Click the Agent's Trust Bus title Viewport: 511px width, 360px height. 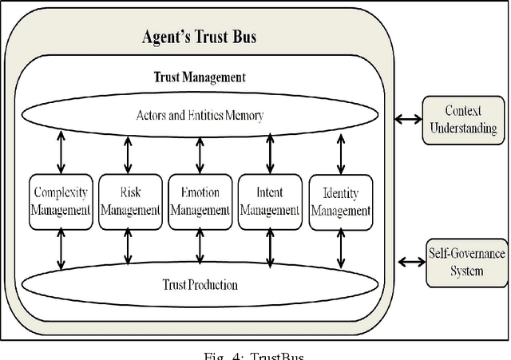point(199,37)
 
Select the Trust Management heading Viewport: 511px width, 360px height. point(199,78)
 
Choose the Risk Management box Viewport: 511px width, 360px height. point(128,202)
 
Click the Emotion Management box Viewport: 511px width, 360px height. point(199,202)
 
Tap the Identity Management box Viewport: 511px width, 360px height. point(341,202)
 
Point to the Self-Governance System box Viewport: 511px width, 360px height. point(466,261)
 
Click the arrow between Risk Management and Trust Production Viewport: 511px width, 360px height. point(127,247)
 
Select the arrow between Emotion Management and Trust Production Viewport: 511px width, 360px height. point(200,247)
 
